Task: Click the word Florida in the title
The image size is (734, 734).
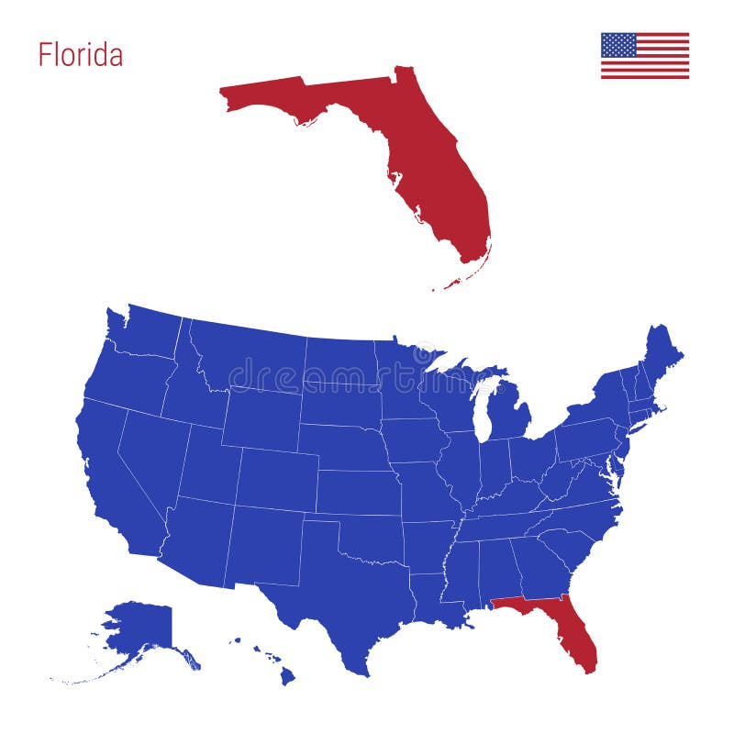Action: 80,55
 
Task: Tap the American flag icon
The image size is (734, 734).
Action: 645,56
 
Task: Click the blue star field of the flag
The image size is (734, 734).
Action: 618,45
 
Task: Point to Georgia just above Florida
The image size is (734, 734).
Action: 541,564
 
